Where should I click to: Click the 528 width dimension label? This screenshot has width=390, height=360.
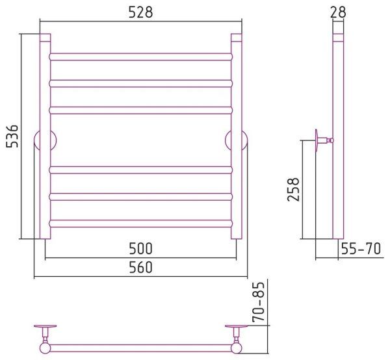click(140, 12)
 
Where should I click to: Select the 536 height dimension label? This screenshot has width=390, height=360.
click(12, 136)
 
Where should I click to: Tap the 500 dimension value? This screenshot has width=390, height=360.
click(140, 248)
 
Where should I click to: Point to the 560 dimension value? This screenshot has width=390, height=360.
click(140, 267)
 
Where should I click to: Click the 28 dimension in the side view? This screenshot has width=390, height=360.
click(338, 12)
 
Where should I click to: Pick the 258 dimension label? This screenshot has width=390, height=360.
click(293, 190)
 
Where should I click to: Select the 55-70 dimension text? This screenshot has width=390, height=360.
click(361, 248)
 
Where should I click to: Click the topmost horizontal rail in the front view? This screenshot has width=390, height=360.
click(141, 57)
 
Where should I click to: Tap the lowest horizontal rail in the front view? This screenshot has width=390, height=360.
click(141, 224)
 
